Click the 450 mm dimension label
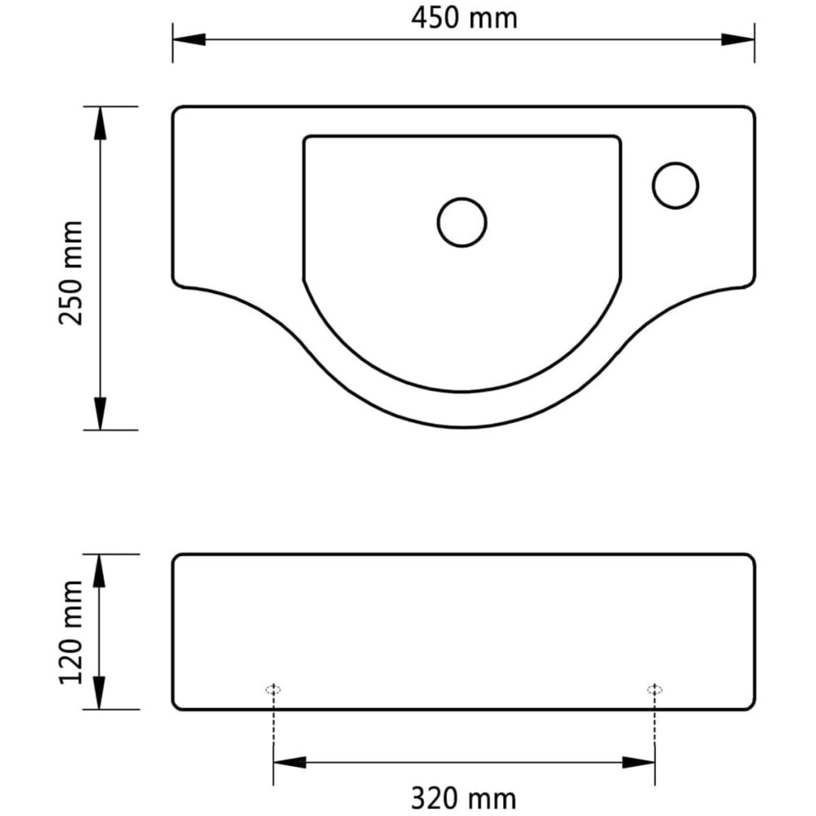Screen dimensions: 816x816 coord(464,18)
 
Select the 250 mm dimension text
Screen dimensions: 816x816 coord(71,274)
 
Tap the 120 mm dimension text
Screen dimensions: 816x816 coord(71,632)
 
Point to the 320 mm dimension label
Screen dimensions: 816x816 coord(464,798)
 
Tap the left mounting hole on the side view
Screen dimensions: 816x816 coord(274,690)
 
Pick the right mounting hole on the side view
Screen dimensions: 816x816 coord(654,690)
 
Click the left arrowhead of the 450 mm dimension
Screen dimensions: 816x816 coord(189,39)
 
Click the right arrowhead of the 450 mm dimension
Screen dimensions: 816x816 coord(738,39)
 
